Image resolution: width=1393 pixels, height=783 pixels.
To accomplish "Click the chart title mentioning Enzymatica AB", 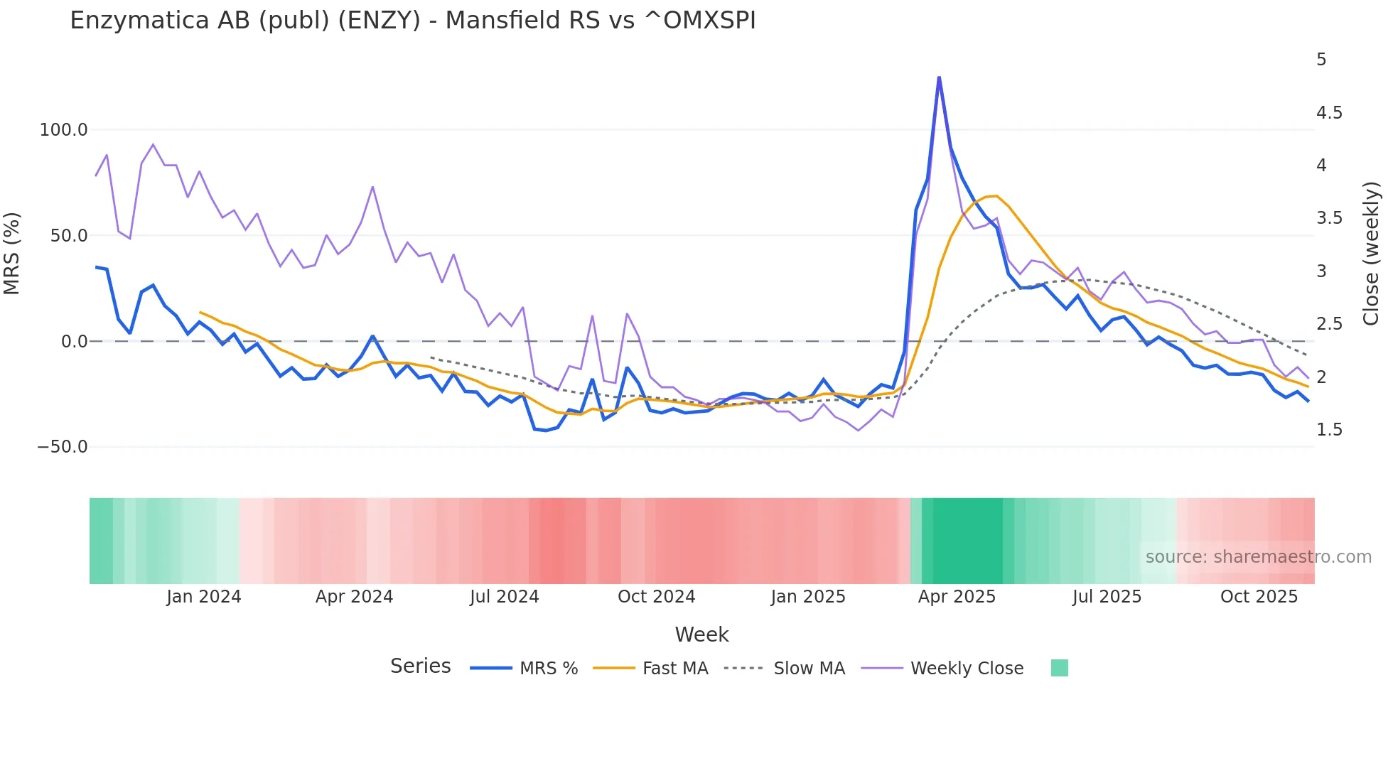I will (x=412, y=21).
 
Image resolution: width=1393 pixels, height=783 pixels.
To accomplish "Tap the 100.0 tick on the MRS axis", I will (x=63, y=130).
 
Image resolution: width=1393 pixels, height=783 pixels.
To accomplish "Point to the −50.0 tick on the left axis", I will (x=63, y=447).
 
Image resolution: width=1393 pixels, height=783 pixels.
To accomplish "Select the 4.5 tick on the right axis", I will (x=1329, y=113).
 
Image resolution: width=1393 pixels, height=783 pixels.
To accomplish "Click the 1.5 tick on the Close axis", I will (x=1329, y=430).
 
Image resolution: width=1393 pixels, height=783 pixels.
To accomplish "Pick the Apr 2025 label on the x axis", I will (x=957, y=597).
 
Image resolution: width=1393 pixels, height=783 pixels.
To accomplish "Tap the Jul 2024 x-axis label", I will (x=504, y=597).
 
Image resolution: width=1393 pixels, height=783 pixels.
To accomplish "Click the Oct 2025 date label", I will (x=1259, y=597).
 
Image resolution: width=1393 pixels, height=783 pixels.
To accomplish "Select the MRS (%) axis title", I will (x=12, y=254).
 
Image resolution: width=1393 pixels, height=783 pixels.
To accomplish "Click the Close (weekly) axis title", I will (x=1371, y=254).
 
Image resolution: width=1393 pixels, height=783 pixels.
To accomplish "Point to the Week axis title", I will (x=701, y=634).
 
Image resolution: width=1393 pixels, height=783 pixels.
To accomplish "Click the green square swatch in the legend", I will (x=1059, y=668).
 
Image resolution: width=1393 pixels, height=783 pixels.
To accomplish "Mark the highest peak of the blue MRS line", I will (x=939, y=77).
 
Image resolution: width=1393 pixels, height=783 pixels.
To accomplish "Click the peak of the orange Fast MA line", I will (x=996, y=196).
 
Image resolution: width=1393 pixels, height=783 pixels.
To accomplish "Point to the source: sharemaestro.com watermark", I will (x=1258, y=557).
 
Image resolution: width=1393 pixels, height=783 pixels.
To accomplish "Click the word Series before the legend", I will (x=420, y=666).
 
